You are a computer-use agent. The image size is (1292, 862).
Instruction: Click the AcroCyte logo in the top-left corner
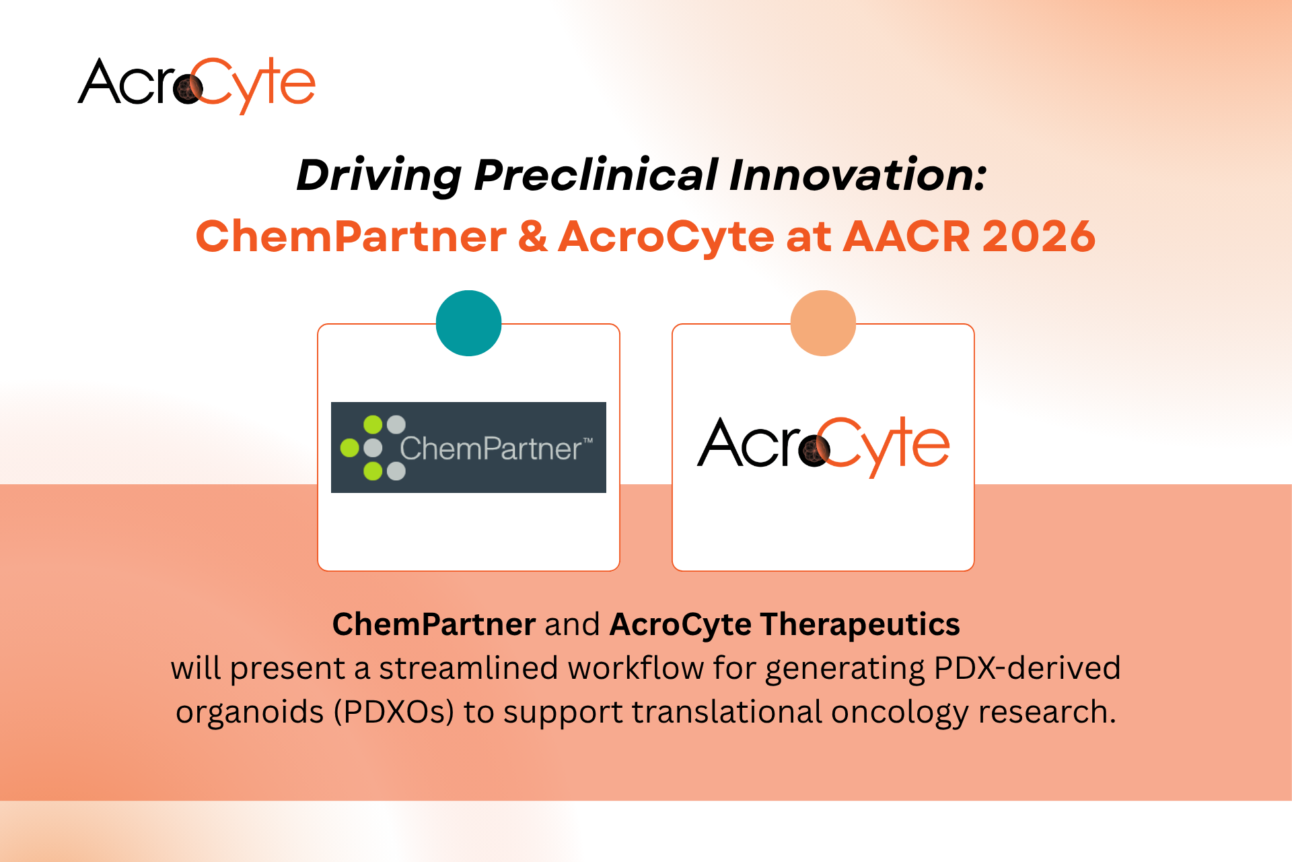click(x=196, y=85)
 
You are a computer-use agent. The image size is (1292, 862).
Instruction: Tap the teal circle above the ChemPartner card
click(x=468, y=323)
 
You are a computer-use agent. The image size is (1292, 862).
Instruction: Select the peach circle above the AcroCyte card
click(x=823, y=323)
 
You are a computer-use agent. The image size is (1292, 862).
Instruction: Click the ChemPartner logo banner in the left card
click(x=468, y=447)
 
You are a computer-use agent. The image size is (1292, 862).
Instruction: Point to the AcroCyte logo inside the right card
click(x=824, y=446)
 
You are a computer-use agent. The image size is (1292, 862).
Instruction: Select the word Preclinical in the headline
click(x=596, y=175)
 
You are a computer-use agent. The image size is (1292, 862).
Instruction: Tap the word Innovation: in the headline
click(x=858, y=175)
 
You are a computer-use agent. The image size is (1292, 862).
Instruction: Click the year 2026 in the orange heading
click(x=1039, y=236)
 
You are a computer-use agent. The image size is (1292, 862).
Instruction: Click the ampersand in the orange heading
click(x=533, y=236)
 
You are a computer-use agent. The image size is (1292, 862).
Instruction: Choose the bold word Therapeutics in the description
click(x=860, y=625)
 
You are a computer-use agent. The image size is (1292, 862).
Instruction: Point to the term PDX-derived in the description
click(x=1028, y=668)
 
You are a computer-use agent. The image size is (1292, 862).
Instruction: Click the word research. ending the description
click(x=1047, y=712)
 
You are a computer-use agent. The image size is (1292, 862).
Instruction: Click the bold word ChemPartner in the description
click(x=434, y=625)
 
